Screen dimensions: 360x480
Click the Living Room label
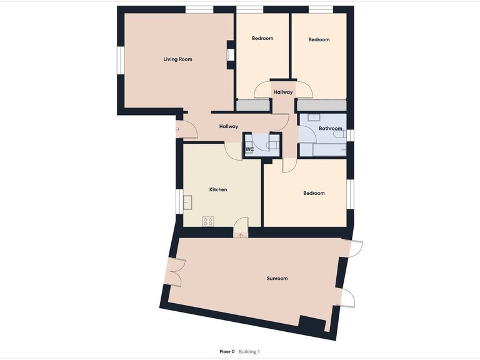177,59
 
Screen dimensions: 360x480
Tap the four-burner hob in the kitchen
208,221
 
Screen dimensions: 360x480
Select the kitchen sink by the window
188,201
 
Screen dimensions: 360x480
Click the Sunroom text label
276,278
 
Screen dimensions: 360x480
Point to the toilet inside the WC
271,145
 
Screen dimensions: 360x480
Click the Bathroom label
330,129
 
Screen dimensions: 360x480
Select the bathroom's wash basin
314,116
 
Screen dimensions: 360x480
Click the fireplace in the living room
231,55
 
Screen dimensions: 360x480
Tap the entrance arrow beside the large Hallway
177,129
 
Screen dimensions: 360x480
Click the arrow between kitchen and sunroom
241,234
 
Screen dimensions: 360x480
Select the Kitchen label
217,189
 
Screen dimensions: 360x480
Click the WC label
249,149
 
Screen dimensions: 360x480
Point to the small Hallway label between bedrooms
282,92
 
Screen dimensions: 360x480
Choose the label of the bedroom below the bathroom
314,193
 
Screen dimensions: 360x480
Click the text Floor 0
227,352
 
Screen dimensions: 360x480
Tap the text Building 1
249,352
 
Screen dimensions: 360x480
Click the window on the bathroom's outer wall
351,135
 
